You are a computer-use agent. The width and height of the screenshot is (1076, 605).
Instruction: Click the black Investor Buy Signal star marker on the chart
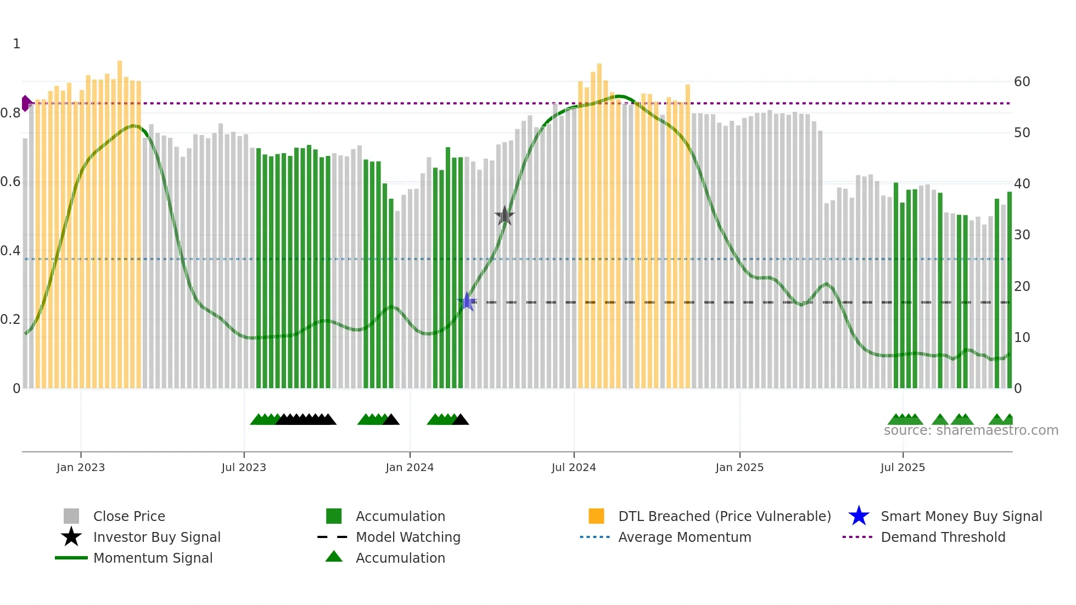tap(505, 216)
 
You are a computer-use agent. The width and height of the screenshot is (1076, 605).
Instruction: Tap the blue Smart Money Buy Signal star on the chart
tap(467, 301)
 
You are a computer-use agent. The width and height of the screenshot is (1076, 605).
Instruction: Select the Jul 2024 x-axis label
tap(574, 467)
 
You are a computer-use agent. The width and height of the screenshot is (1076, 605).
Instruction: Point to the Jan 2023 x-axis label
tap(81, 467)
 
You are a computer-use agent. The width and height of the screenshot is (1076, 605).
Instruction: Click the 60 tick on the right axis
tap(1022, 82)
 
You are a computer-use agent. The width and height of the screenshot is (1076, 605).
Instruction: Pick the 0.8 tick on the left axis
tap(10, 113)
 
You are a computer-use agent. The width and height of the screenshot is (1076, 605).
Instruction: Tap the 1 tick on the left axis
tap(16, 44)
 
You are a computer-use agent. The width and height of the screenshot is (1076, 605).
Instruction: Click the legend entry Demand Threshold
tap(943, 537)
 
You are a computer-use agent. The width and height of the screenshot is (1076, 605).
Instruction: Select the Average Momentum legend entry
tap(685, 537)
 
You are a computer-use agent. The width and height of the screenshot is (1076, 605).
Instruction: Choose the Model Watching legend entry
tap(408, 537)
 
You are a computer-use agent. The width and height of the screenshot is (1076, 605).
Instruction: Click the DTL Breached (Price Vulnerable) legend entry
tap(724, 516)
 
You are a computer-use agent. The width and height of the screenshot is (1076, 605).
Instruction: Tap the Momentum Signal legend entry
tap(153, 558)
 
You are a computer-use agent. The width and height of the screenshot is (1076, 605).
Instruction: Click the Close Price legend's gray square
tap(71, 516)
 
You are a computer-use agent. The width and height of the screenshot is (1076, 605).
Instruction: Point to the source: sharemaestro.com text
tap(971, 430)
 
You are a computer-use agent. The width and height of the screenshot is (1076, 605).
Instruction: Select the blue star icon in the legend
tap(859, 516)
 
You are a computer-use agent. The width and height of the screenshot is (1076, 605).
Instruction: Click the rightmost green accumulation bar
tap(1009, 291)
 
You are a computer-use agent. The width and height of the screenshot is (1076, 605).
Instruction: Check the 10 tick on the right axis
tap(1022, 338)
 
